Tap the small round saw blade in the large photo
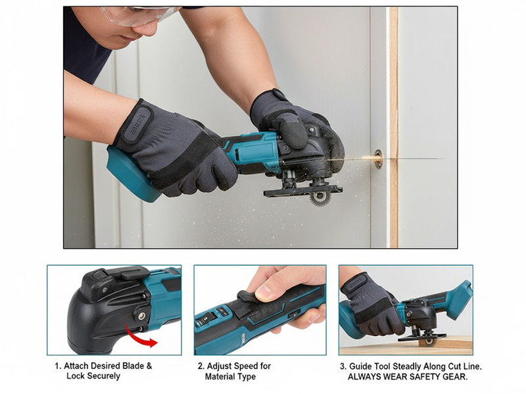point(320,195)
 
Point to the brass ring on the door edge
point(378,159)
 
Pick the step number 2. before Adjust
point(201,366)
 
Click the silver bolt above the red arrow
point(141,316)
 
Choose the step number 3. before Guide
point(343,366)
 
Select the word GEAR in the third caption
point(454,376)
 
